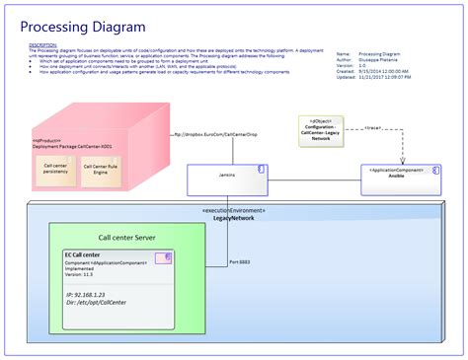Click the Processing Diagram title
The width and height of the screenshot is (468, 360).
tap(83, 26)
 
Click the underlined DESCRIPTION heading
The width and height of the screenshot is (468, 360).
tap(42, 45)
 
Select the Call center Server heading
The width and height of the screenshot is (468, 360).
tap(126, 237)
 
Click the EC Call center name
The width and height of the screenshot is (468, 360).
tap(83, 254)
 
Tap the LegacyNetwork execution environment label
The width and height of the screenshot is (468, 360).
tap(233, 219)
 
